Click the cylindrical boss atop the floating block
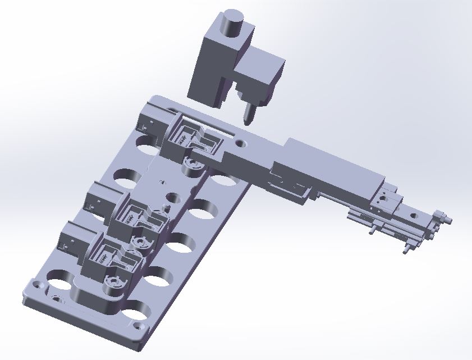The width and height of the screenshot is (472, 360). click(x=231, y=23)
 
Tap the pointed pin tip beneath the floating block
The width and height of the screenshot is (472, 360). click(x=247, y=116)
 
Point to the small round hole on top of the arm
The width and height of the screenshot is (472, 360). click(x=241, y=143)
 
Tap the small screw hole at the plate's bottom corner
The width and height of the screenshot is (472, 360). click(x=141, y=326)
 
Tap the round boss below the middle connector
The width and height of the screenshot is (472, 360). click(x=141, y=242)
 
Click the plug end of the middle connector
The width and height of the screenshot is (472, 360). click(x=99, y=200)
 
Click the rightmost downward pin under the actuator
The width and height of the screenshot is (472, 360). click(x=406, y=250)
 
